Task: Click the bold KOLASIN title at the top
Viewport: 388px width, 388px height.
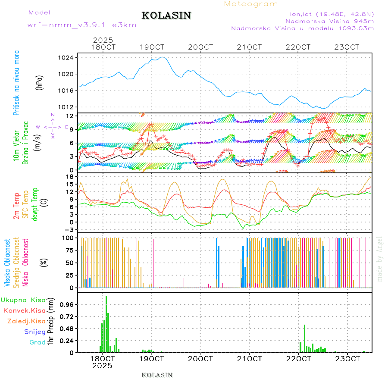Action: point(166,16)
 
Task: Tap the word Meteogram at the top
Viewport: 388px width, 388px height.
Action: point(251,4)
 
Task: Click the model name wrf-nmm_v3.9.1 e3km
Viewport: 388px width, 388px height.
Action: point(82,25)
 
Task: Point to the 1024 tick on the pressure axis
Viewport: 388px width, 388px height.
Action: point(66,58)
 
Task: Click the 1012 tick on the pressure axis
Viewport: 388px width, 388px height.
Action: point(66,107)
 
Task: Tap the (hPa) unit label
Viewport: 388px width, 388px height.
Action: point(40,82)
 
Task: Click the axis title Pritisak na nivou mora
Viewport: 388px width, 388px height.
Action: point(16,82)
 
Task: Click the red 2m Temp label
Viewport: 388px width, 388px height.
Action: point(16,206)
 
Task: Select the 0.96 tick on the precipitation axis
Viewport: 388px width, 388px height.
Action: point(66,304)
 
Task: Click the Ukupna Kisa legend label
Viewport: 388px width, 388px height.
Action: point(23,300)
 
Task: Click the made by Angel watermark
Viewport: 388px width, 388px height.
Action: point(380,259)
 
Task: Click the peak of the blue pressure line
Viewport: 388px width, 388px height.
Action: point(163,57)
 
